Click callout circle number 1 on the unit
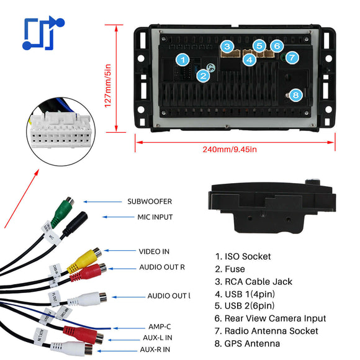(x=182, y=60)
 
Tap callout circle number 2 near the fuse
(x=203, y=76)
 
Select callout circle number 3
(x=228, y=46)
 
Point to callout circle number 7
(x=292, y=57)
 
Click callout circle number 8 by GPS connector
(x=295, y=95)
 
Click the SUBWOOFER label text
(x=150, y=202)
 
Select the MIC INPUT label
(x=155, y=217)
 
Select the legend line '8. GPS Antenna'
(x=247, y=343)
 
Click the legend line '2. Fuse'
(x=230, y=269)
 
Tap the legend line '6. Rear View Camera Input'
(x=271, y=318)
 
